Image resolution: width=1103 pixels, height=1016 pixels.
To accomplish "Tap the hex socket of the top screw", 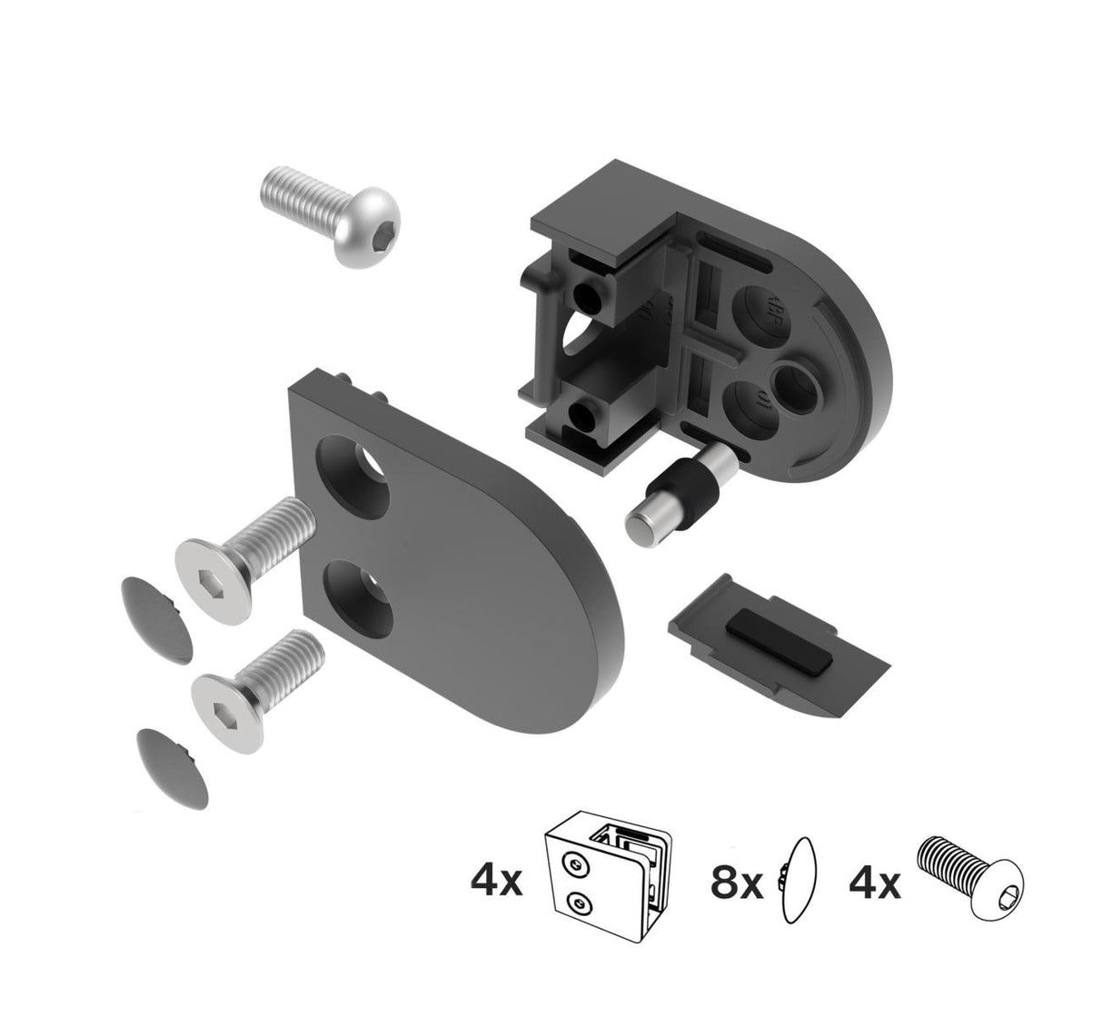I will coord(362,240).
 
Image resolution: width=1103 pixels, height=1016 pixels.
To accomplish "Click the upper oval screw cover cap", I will coord(157,613).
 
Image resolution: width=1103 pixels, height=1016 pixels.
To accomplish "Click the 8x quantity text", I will coord(736,881).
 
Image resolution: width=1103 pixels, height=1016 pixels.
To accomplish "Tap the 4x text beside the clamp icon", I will coord(497,880).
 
